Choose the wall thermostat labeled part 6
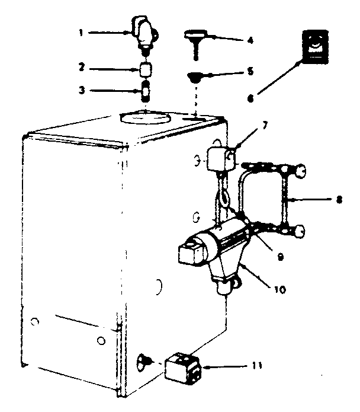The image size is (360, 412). pos(314,46)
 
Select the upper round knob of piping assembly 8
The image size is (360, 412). pos(301,171)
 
